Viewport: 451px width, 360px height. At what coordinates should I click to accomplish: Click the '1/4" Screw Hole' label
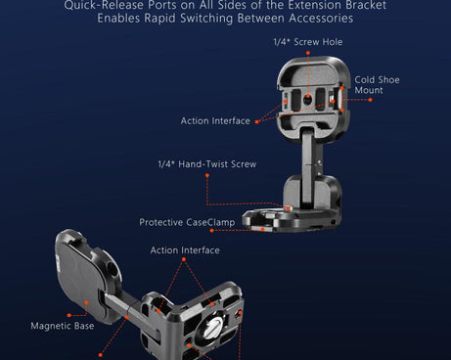coord(307,42)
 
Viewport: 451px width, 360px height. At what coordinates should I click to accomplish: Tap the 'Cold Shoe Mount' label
coord(377,85)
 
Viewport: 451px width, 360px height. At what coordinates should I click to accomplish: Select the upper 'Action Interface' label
coord(215,121)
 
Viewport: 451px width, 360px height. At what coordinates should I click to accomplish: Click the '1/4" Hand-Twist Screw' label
coord(207,164)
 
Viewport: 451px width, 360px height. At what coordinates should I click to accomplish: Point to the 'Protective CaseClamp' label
coord(186,222)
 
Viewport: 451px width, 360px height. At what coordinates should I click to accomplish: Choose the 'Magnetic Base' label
coord(63,326)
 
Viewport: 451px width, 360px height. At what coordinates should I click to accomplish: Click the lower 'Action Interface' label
coord(185,250)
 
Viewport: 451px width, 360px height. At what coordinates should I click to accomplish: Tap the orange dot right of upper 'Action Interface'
coord(257,120)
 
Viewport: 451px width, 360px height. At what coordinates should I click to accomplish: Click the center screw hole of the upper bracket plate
coord(307,100)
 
